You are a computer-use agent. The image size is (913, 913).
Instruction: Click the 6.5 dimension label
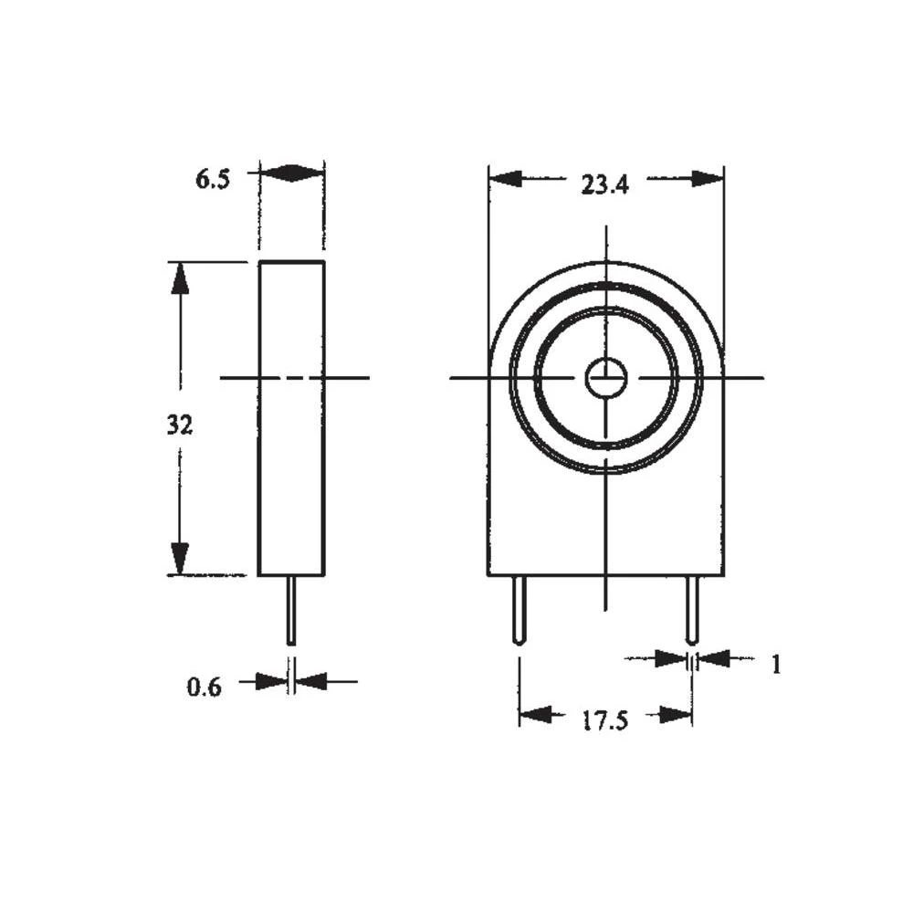click(x=213, y=178)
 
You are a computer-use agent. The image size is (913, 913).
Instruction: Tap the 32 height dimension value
click(x=180, y=425)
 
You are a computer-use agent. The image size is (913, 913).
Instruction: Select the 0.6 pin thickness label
click(x=205, y=687)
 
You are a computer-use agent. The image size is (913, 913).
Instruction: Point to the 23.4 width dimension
click(x=605, y=185)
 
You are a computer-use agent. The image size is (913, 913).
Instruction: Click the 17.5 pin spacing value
click(x=604, y=720)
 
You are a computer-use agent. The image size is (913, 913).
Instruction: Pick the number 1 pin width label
click(x=776, y=665)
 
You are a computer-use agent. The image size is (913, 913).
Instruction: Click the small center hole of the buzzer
click(x=606, y=378)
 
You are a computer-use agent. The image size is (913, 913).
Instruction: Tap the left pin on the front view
click(x=519, y=610)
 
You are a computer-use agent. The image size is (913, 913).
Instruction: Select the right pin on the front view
click(x=692, y=610)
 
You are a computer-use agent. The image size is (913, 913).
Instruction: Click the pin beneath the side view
click(x=291, y=610)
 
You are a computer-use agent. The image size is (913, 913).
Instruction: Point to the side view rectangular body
click(x=291, y=418)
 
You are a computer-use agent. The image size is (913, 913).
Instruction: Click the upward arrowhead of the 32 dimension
click(x=180, y=278)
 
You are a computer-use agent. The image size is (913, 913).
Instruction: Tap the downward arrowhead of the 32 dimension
click(x=180, y=558)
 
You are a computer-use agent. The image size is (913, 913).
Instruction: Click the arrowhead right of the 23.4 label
click(x=708, y=178)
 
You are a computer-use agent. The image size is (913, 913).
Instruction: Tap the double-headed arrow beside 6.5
click(x=291, y=173)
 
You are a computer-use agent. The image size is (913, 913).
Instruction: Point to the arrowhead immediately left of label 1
click(x=715, y=657)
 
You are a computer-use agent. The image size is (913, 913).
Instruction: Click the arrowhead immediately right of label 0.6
click(x=311, y=680)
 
